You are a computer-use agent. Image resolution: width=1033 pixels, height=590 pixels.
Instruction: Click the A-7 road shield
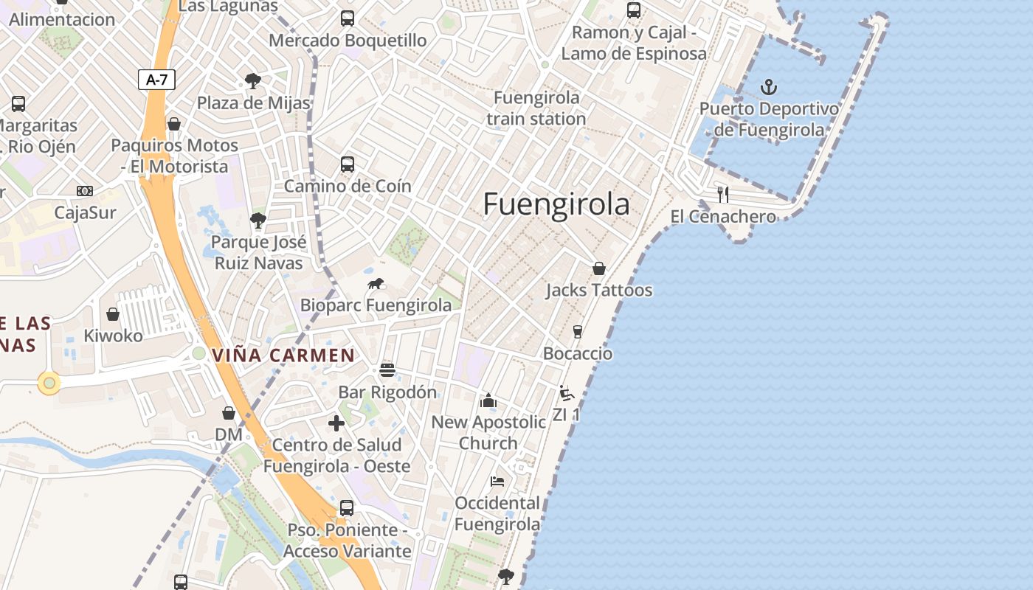pos(156,80)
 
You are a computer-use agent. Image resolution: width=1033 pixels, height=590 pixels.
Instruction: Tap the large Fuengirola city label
pos(556,204)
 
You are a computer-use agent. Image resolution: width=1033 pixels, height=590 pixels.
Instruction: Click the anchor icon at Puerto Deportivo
pos(769,88)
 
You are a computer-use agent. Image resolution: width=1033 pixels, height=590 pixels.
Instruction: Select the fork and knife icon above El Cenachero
pos(723,195)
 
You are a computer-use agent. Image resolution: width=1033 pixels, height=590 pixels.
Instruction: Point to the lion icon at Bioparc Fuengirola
pos(376,284)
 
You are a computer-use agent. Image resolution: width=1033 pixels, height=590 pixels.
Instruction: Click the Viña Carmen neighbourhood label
pos(283,355)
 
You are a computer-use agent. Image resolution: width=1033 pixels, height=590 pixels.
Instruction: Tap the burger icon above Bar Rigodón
pos(387,370)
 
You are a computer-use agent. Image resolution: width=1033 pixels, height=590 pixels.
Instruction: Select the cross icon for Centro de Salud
pos(336,423)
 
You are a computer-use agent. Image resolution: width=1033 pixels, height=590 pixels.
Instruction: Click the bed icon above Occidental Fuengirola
pos(497,482)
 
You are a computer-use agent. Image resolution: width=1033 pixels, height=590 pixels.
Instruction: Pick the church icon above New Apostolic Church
pos(488,400)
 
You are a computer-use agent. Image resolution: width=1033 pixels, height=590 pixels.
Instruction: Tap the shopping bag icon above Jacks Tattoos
pos(599,268)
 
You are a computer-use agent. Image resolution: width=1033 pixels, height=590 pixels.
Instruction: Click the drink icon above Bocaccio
pos(578,332)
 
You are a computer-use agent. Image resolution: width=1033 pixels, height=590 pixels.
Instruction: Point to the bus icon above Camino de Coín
pos(348,164)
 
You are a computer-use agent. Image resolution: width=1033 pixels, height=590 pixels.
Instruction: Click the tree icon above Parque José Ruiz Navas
pos(258,220)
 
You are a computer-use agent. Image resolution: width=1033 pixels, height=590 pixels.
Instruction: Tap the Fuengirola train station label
pos(536,108)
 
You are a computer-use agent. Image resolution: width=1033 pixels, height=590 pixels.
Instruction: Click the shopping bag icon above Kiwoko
pos(113,314)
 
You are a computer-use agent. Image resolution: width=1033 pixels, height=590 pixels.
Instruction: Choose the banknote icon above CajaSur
pos(85,191)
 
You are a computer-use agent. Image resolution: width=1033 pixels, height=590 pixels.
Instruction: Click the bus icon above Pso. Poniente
pos(347,508)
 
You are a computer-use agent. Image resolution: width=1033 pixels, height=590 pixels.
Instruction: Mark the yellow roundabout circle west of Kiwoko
pos(49,383)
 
